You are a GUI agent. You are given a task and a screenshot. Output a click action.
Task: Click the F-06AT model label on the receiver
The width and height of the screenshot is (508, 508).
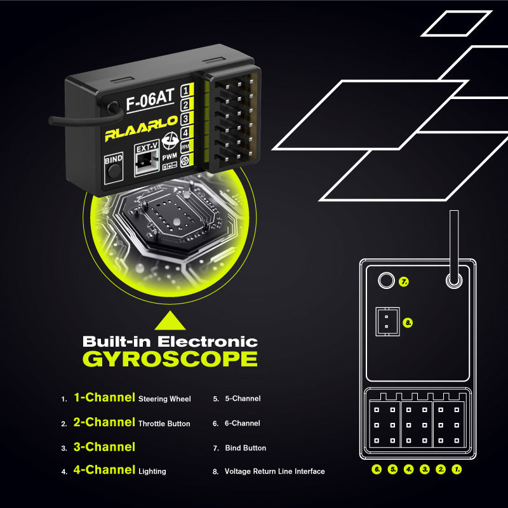[150, 100]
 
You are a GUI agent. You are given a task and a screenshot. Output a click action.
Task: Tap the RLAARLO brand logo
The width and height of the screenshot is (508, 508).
[141, 132]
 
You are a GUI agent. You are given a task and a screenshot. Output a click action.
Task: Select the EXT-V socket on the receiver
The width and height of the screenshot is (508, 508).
[147, 159]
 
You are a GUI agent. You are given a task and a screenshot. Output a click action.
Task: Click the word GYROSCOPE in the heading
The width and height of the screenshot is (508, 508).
[170, 359]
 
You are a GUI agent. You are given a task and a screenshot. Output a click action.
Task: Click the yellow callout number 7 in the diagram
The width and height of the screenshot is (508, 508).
[404, 281]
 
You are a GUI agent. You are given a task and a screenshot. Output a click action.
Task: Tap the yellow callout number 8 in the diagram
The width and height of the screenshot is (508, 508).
[408, 323]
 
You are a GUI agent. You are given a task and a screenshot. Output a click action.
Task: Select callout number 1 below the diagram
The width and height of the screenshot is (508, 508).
[456, 470]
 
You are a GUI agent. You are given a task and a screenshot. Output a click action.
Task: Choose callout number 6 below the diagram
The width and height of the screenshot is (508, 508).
[377, 470]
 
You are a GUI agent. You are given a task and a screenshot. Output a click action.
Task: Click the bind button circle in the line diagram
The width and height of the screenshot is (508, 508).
[385, 281]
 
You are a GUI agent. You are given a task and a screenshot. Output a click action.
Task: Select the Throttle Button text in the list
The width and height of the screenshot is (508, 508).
[164, 424]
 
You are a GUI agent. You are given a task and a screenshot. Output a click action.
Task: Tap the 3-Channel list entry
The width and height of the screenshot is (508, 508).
[104, 447]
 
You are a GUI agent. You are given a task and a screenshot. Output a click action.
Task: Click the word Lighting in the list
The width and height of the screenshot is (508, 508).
[152, 471]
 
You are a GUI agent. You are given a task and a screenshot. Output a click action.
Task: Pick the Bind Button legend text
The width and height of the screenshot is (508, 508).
[246, 448]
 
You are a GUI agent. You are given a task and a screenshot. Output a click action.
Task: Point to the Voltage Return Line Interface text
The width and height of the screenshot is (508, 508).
[275, 471]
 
